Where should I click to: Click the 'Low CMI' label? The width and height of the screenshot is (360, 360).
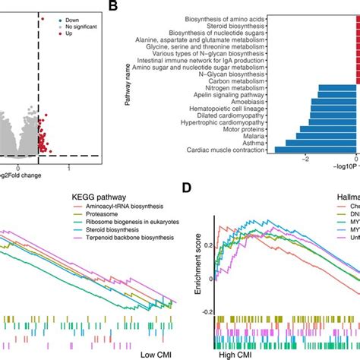158,354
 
